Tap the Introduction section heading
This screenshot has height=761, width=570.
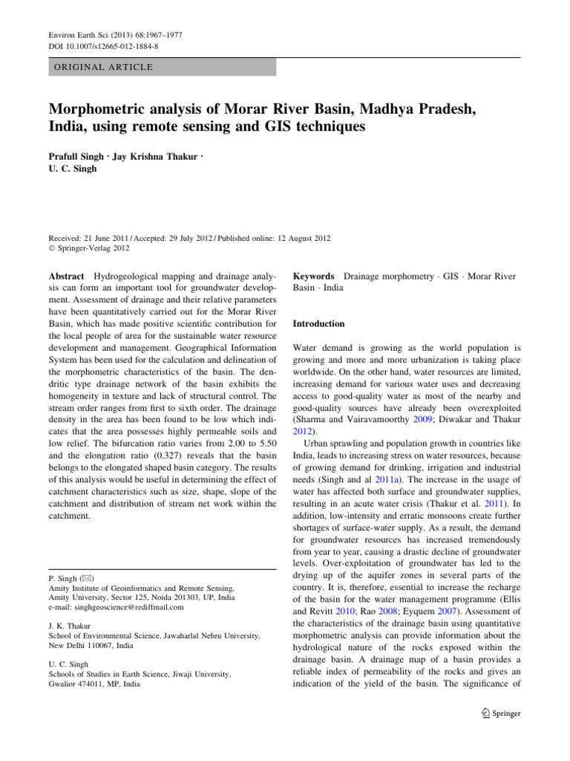point(319,324)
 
